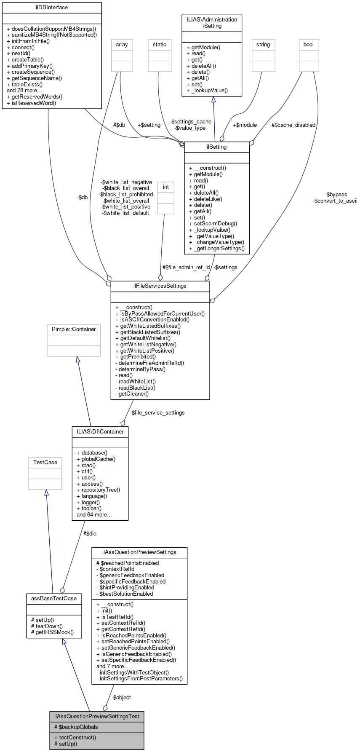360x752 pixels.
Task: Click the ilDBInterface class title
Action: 52,8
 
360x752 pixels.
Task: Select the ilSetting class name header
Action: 217,147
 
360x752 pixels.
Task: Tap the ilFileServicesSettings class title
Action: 160,286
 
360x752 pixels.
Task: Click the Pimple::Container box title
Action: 74,329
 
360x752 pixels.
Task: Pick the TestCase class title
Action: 45,463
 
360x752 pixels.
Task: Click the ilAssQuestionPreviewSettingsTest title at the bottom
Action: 96,716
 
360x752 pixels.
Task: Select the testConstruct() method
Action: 77,738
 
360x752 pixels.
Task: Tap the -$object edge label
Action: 121,698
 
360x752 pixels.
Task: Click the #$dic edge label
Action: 90,534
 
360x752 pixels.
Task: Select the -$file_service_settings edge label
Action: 157,413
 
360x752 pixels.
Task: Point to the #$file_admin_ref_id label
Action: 186,268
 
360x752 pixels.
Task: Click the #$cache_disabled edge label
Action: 293,125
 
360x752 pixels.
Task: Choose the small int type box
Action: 166,187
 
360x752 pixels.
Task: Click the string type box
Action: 263,45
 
